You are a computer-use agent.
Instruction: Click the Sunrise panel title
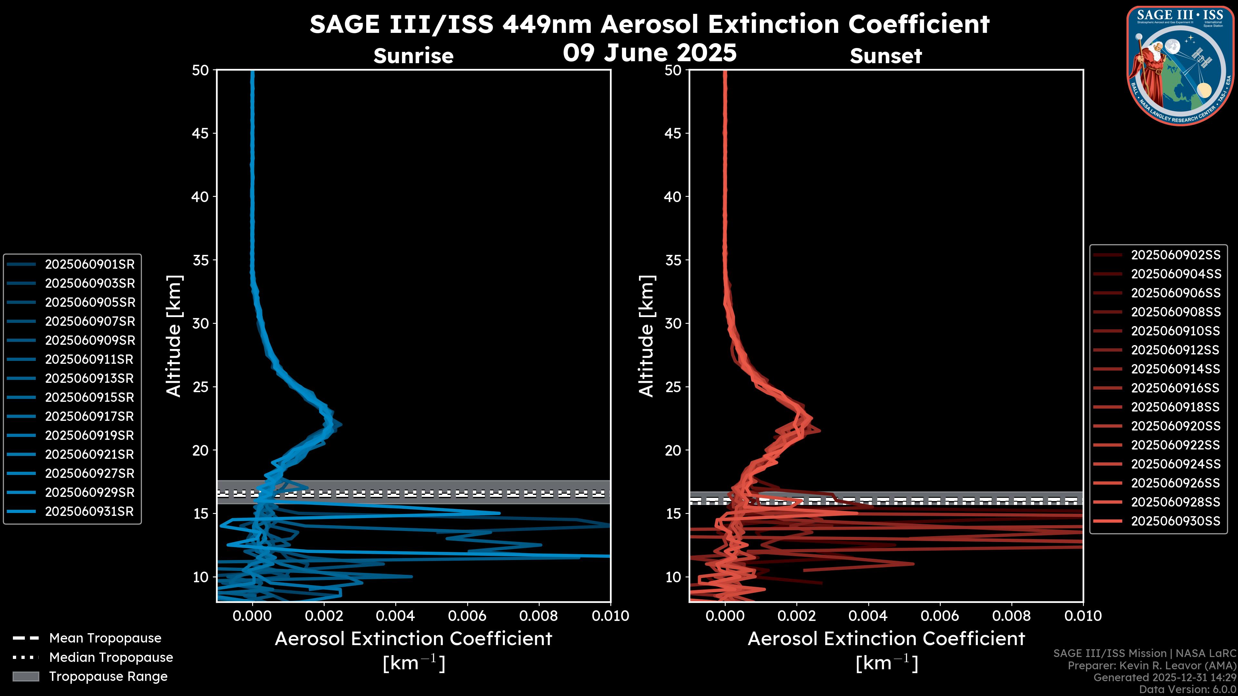pyautogui.click(x=413, y=56)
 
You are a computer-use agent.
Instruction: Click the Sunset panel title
pyautogui.click(x=886, y=56)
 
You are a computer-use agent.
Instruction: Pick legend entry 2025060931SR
pyautogui.click(x=89, y=511)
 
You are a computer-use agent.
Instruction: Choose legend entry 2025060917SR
pyautogui.click(x=89, y=416)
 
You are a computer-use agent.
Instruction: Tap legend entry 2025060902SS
pyautogui.click(x=1175, y=255)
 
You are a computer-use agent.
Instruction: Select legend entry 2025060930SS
pyautogui.click(x=1175, y=521)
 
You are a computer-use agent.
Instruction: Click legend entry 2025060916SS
pyautogui.click(x=1175, y=388)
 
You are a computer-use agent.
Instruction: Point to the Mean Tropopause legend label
pyautogui.click(x=105, y=638)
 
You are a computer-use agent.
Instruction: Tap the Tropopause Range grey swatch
pyautogui.click(x=26, y=676)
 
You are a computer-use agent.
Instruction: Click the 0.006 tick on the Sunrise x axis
pyautogui.click(x=467, y=616)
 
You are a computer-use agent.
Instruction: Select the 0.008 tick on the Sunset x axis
pyautogui.click(x=1012, y=616)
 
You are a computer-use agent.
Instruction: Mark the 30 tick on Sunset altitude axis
pyautogui.click(x=673, y=323)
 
